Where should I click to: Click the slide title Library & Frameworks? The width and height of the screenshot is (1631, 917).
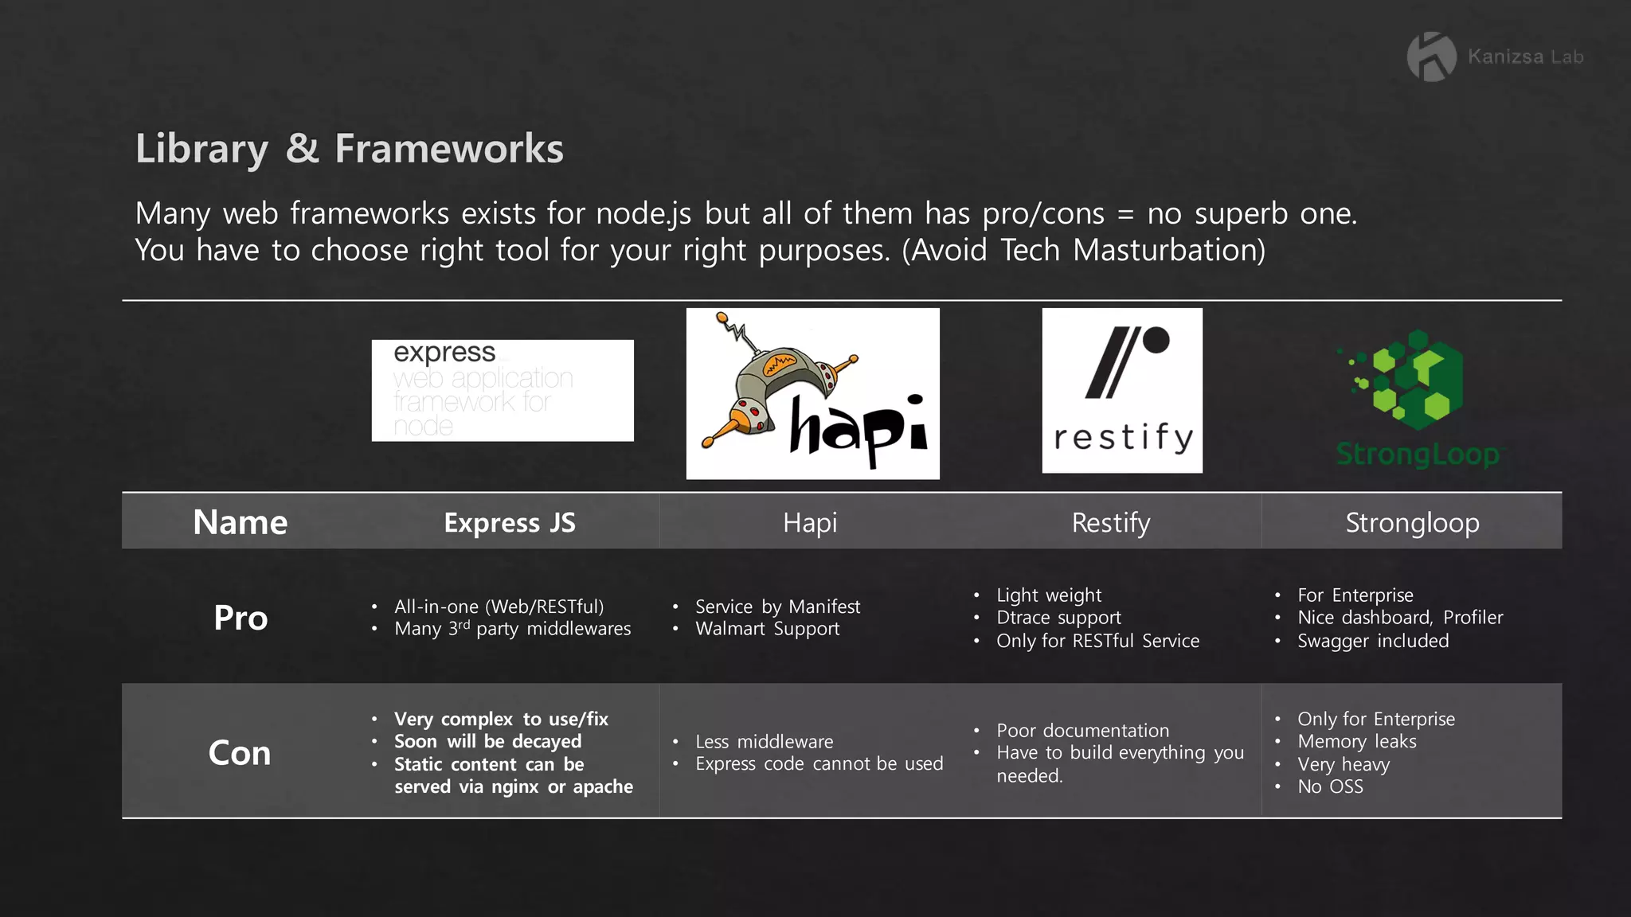tap(349, 149)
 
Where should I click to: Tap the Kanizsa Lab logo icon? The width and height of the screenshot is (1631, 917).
tap(1431, 57)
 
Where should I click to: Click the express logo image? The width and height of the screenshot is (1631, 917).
tap(503, 390)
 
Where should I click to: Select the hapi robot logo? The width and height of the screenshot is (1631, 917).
tap(812, 393)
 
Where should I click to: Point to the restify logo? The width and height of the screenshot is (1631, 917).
tap(1122, 390)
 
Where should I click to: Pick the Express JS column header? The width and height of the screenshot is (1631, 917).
tap(510, 522)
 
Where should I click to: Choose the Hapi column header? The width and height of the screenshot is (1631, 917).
tap(810, 522)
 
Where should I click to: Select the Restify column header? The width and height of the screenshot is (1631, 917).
tap(1111, 522)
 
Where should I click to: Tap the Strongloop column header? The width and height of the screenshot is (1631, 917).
tap(1412, 522)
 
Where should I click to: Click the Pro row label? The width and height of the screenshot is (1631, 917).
tap(241, 618)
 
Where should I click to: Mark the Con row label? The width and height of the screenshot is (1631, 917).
tap(240, 752)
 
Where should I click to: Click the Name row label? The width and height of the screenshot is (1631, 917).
tap(240, 522)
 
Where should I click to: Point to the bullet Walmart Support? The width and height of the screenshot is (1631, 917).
tap(767, 629)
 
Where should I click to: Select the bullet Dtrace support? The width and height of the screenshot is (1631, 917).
tap(1058, 618)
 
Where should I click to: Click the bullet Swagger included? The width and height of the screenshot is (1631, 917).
tap(1373, 641)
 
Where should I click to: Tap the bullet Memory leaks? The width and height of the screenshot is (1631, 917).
tap(1357, 741)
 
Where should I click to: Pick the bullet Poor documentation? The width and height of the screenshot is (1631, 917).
tap(1082, 730)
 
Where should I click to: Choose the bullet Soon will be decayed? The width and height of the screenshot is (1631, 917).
tap(487, 741)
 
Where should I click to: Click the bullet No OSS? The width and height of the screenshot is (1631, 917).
tap(1330, 786)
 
